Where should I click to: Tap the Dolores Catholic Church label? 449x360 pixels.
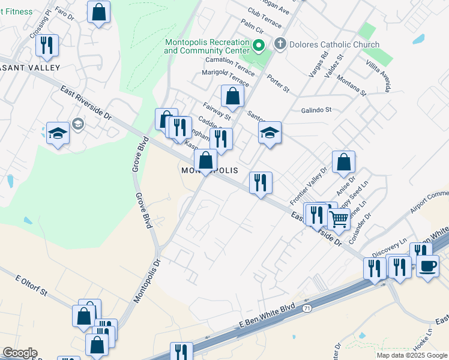(x=334, y=44)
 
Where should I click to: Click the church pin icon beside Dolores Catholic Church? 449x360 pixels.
(x=279, y=44)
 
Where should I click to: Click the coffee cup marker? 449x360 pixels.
(x=427, y=266)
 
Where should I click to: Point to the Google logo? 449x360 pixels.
(x=20, y=353)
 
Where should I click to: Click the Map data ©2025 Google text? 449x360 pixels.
(x=412, y=355)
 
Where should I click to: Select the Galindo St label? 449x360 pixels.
(x=316, y=110)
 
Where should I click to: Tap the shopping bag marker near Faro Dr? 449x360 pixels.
(x=99, y=11)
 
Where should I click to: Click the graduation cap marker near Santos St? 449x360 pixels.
(x=270, y=133)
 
